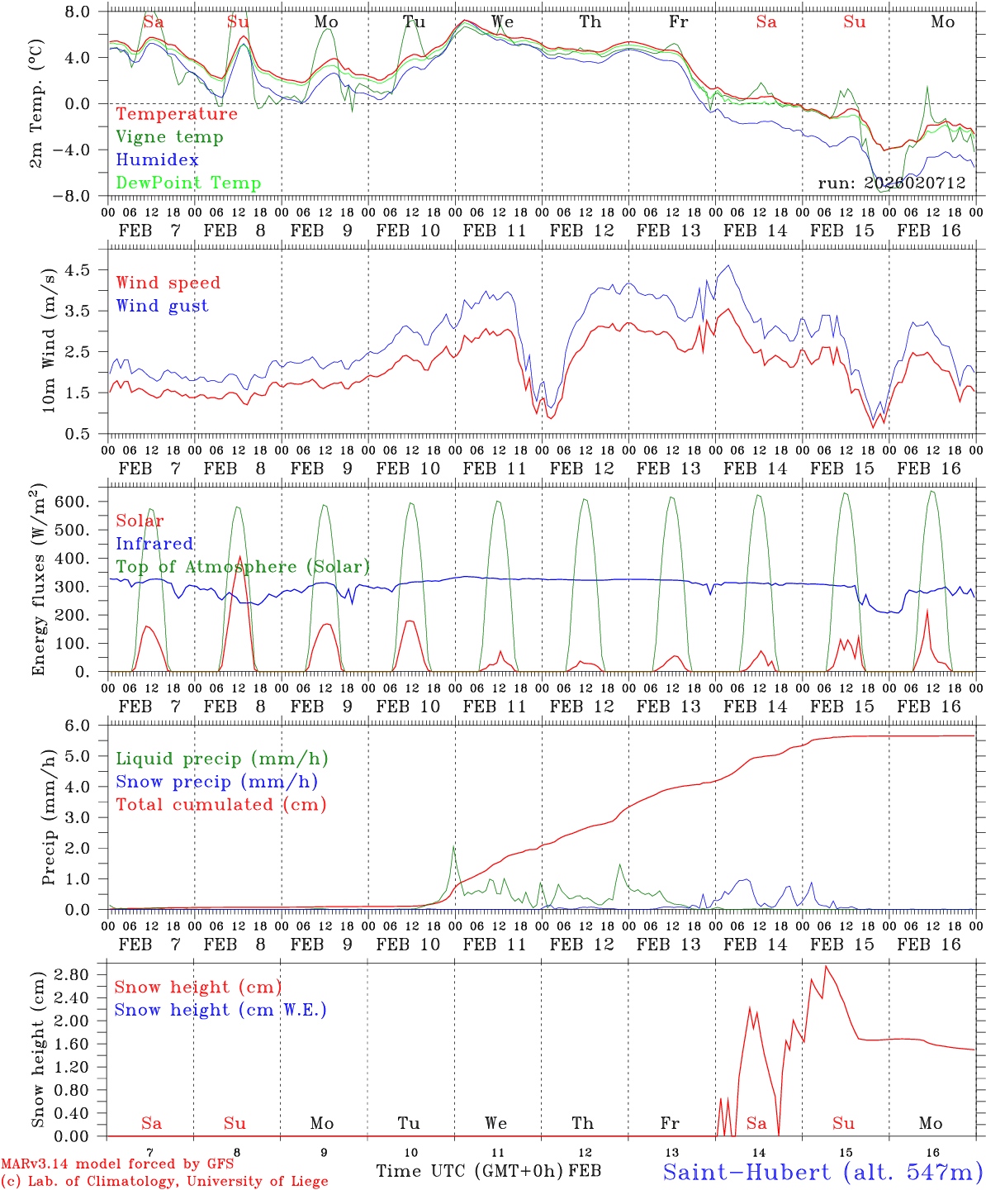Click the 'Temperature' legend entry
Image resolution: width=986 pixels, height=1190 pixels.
177,114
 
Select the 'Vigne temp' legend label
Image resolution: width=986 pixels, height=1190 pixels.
169,137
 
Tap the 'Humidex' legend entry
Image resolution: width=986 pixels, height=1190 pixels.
158,160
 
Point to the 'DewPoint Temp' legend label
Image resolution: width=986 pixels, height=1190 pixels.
188,183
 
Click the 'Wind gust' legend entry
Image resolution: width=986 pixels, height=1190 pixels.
163,306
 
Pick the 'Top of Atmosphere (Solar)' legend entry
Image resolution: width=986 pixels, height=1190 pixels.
243,567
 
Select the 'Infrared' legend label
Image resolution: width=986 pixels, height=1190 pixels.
154,544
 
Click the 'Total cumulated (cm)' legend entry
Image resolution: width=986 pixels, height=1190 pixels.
221,804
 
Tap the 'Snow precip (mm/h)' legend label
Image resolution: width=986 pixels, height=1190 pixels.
216,782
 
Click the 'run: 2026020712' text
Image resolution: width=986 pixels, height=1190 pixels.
892,183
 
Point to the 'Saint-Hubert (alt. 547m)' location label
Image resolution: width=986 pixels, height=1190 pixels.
822,1172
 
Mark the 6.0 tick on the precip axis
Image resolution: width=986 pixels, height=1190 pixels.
83,726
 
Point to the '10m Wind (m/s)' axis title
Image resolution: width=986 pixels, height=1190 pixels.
49,340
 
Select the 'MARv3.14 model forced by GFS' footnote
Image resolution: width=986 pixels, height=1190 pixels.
116,1164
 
